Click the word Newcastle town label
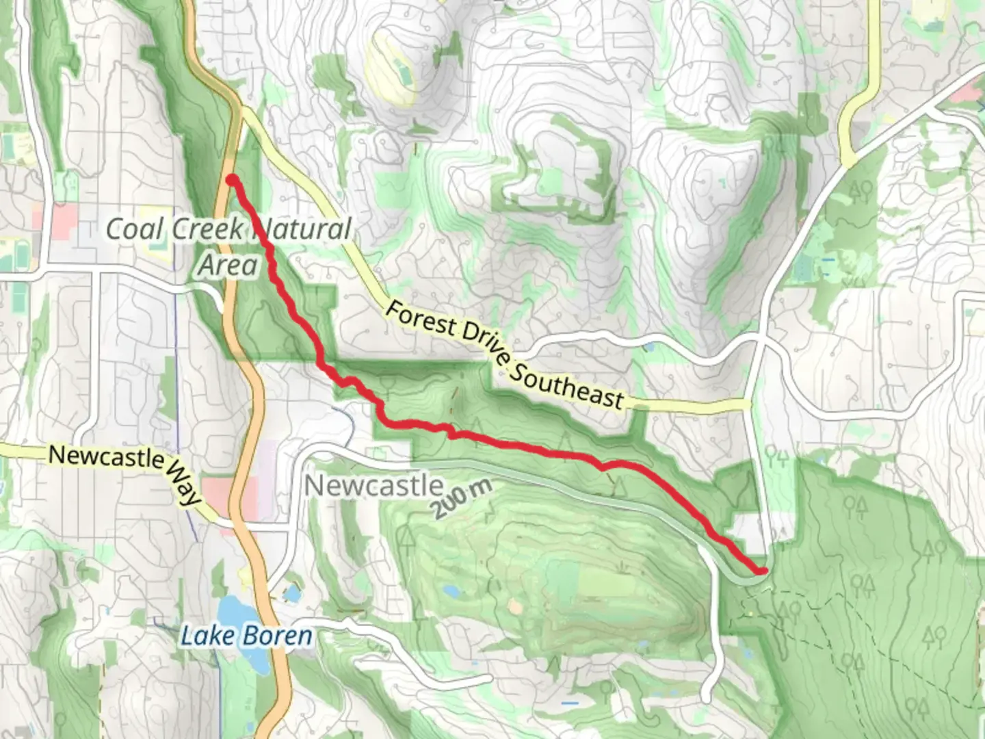pyautogui.click(x=373, y=485)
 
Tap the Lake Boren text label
pyautogui.click(x=246, y=636)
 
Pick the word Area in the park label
pyautogui.click(x=228, y=265)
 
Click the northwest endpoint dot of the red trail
pyautogui.click(x=232, y=180)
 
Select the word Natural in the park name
pyautogui.click(x=304, y=229)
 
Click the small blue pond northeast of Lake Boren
pyautogui.click(x=293, y=593)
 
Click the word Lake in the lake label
pyautogui.click(x=203, y=636)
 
